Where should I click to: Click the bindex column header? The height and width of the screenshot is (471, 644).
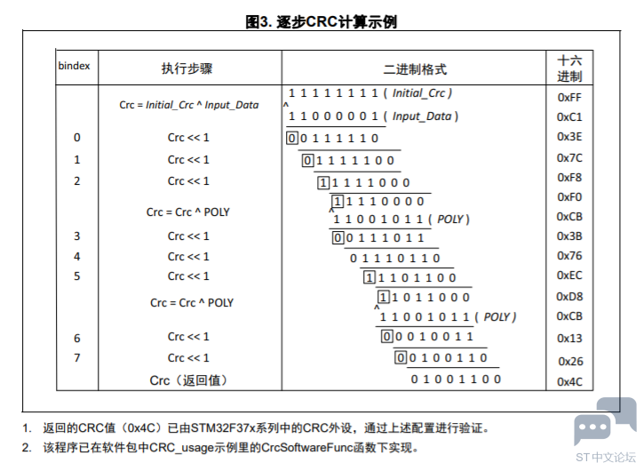tap(74, 66)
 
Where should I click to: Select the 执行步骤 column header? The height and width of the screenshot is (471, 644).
tap(187, 68)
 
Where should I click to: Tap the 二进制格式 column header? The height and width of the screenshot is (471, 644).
tap(415, 69)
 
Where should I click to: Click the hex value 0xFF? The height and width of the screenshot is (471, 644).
tap(569, 98)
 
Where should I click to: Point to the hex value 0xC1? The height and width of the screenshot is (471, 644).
tap(569, 117)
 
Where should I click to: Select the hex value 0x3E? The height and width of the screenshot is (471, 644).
tap(569, 137)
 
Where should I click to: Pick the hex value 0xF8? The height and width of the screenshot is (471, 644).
tap(569, 178)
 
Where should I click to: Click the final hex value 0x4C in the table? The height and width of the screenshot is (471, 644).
tap(569, 382)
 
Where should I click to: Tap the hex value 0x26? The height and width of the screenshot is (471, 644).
tap(570, 362)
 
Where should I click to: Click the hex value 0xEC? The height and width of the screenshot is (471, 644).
tap(569, 275)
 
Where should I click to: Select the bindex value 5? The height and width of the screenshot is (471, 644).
tap(76, 275)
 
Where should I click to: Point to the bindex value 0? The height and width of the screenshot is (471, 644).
tap(76, 137)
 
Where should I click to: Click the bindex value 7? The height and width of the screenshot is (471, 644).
tap(76, 357)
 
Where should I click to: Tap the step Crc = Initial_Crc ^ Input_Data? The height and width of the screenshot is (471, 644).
tap(189, 105)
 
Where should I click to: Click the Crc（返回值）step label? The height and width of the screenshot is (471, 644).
tap(188, 380)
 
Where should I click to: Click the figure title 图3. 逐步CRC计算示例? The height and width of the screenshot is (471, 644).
tap(322, 21)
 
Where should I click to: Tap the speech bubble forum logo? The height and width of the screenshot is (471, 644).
tap(606, 421)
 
